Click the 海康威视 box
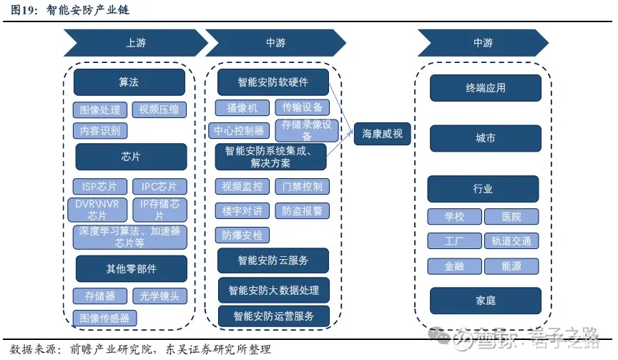(383, 133)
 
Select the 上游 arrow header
(135, 43)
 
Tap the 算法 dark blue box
(129, 82)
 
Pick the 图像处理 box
(100, 110)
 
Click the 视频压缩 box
(159, 110)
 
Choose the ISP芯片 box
(100, 187)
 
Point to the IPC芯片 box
(159, 187)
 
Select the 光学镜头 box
(160, 296)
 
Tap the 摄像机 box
(242, 108)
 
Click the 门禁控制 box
(302, 187)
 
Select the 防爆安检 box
(242, 234)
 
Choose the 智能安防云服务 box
(273, 259)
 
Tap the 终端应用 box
(485, 88)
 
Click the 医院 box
(511, 217)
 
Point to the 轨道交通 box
(511, 241)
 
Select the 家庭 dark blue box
(485, 301)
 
